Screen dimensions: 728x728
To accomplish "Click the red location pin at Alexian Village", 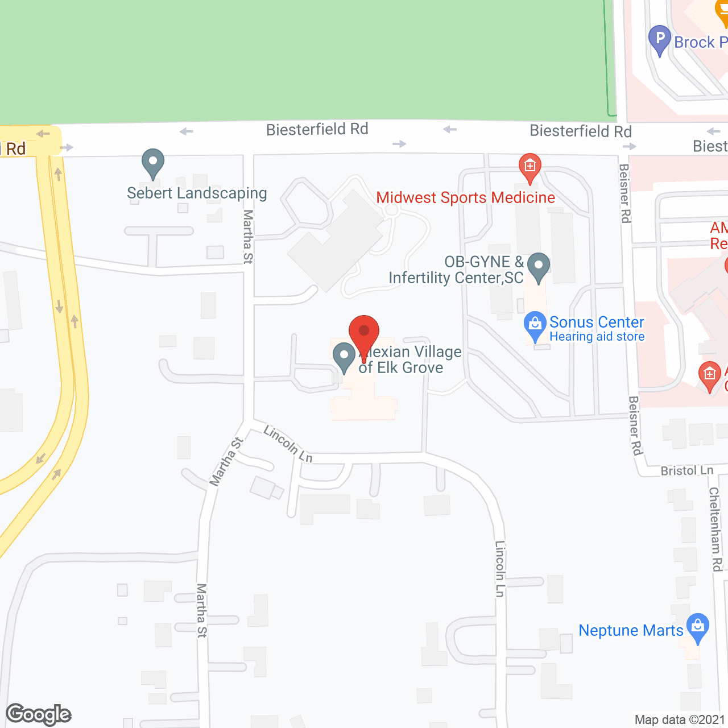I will pyautogui.click(x=363, y=333).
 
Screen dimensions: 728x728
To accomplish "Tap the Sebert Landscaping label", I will pyautogui.click(x=197, y=193).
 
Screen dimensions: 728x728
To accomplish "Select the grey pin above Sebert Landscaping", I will pyautogui.click(x=153, y=163).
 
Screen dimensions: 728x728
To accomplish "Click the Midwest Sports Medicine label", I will pyautogui.click(x=465, y=198).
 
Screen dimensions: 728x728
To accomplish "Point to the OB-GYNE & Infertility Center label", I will pyautogui.click(x=456, y=270).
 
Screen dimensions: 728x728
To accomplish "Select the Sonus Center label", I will pyautogui.click(x=597, y=322).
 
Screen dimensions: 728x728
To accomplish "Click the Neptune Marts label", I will pyautogui.click(x=631, y=631).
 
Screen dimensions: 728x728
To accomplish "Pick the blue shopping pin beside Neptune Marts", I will pyautogui.click(x=698, y=627).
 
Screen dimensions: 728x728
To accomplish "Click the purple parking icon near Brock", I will pyautogui.click(x=660, y=40).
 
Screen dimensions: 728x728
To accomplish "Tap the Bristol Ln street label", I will pyautogui.click(x=687, y=471).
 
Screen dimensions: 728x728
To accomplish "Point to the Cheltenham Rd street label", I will pyautogui.click(x=715, y=529).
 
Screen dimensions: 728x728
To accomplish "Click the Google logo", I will pyautogui.click(x=39, y=714).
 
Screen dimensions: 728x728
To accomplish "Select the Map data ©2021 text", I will pyautogui.click(x=680, y=720).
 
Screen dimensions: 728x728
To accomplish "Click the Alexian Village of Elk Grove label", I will pyautogui.click(x=409, y=360).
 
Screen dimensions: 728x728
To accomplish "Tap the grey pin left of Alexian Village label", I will pyautogui.click(x=344, y=357).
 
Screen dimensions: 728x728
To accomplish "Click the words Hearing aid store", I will pyautogui.click(x=597, y=337).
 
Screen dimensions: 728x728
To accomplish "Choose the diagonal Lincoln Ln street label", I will pyautogui.click(x=288, y=445).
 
